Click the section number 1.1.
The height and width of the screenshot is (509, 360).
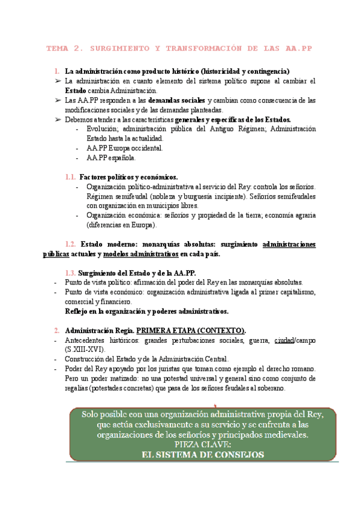click(70, 177)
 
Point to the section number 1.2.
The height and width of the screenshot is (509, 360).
click(70, 244)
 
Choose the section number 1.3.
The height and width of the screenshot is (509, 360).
click(70, 273)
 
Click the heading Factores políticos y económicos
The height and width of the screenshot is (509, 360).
click(128, 177)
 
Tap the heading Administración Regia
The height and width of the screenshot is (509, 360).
click(99, 330)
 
